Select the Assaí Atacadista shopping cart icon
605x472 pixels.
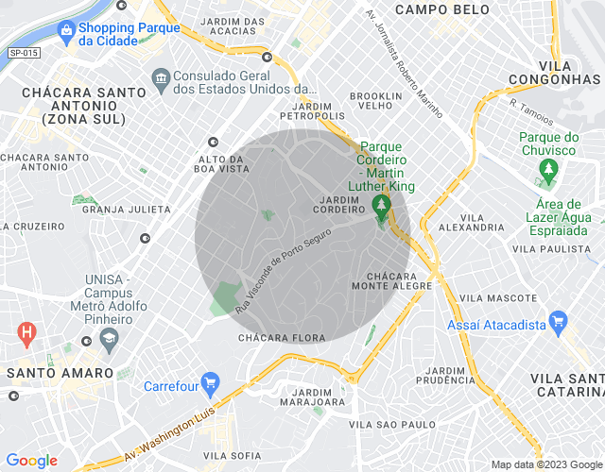point(557,324)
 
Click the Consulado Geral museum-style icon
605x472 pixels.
point(160,76)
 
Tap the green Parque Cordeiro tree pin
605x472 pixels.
point(382,207)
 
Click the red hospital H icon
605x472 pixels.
point(27,332)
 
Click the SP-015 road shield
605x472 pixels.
point(24,53)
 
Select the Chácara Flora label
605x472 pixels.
point(282,337)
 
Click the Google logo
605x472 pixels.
point(31,460)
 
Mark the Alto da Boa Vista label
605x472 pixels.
point(224,163)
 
